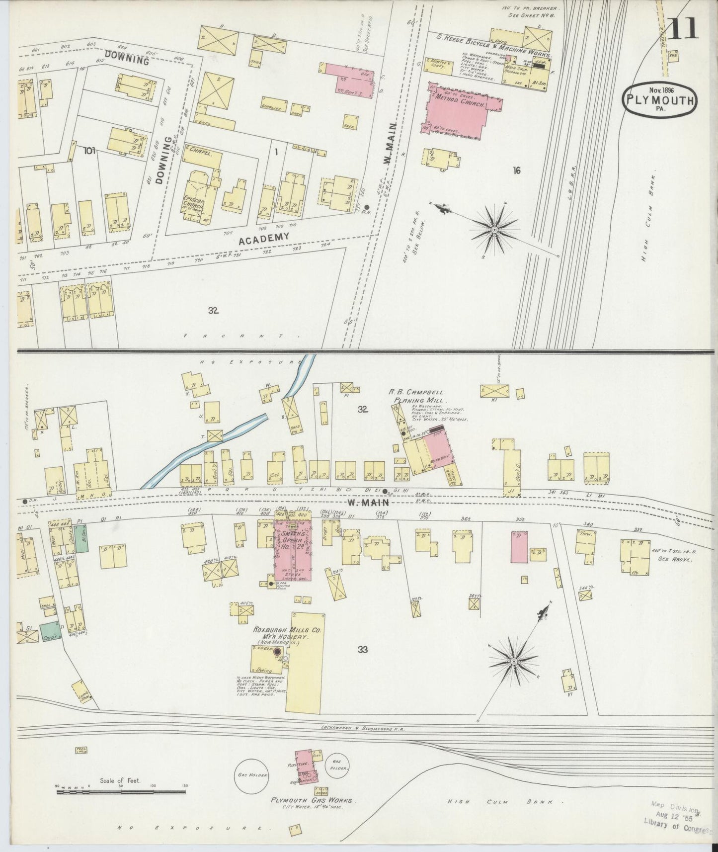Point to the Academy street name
[x=264, y=239]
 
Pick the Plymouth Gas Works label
[x=312, y=800]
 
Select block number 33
[x=362, y=649]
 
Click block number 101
[x=89, y=150]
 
